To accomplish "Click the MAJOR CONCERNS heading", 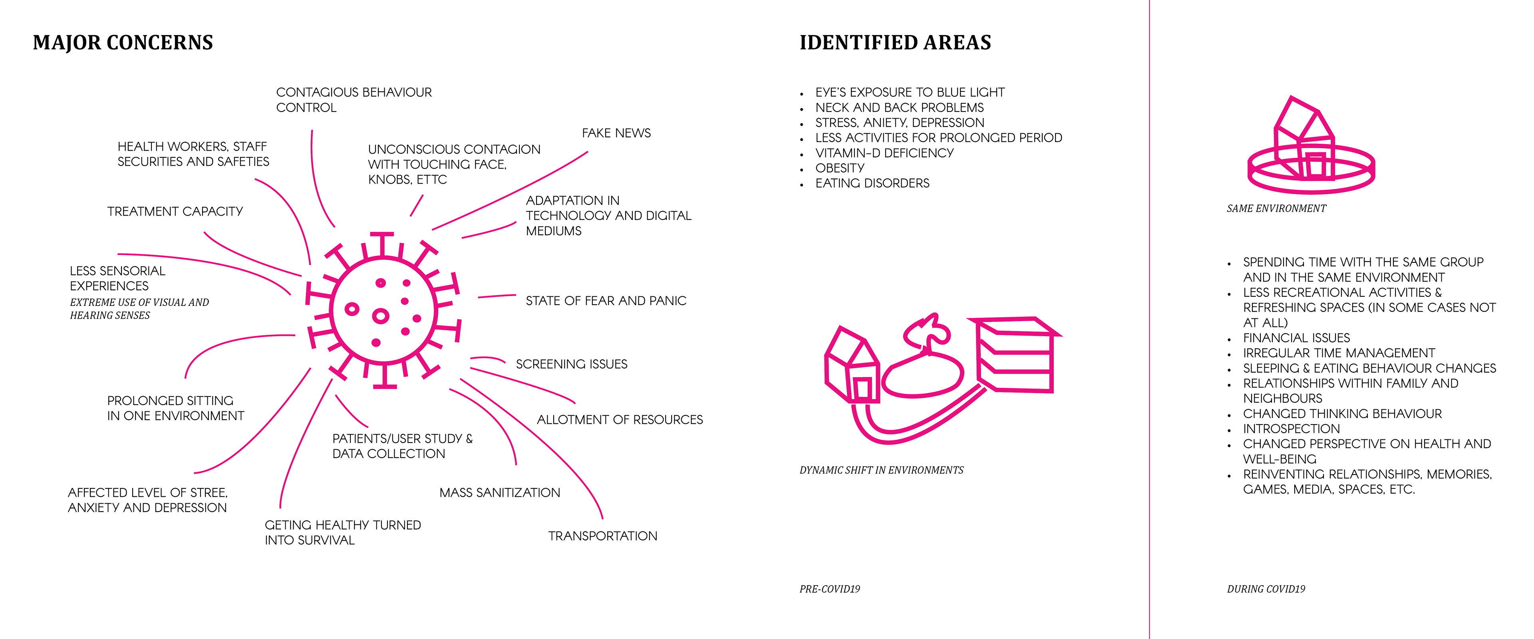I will [x=123, y=43].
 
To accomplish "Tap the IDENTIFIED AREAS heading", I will [x=895, y=43].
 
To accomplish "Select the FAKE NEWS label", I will [x=616, y=133].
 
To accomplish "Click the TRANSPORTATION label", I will [x=603, y=536].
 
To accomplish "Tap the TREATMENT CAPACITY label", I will [x=175, y=211].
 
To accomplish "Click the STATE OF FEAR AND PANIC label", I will [x=606, y=301].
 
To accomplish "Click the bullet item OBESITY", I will [x=840, y=169].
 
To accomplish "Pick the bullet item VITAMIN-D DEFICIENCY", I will [x=884, y=153].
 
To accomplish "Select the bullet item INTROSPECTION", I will [x=1291, y=429].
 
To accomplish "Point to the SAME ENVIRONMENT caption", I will [x=1276, y=208].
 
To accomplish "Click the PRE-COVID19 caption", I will [x=830, y=589].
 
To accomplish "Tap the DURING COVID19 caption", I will [x=1266, y=589].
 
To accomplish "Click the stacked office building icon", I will [x=1016, y=355].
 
